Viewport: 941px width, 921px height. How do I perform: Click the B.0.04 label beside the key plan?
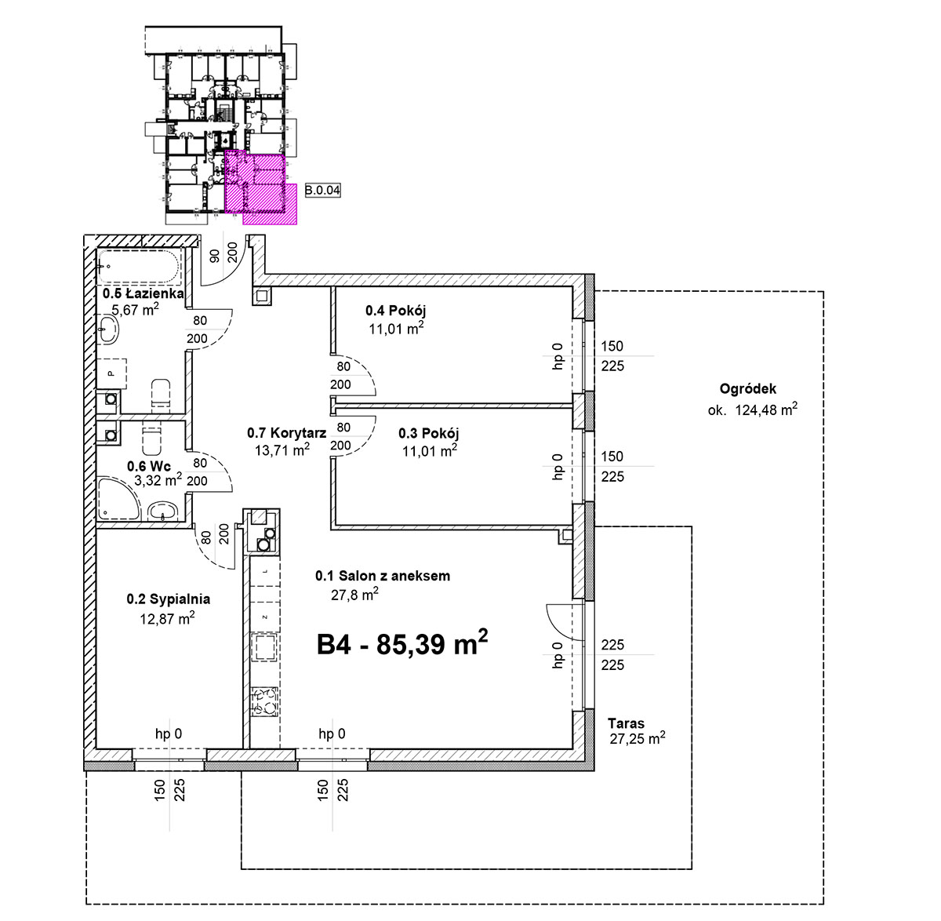click(x=322, y=190)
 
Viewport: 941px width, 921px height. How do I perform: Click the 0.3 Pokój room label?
click(x=428, y=433)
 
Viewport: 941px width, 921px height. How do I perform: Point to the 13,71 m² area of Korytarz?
click(x=282, y=450)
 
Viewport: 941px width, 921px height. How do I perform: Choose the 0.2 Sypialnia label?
click(x=169, y=599)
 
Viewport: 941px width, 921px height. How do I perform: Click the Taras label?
click(x=626, y=724)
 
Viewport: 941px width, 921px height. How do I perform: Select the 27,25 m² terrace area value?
click(x=637, y=738)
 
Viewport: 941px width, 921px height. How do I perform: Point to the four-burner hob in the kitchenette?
click(x=264, y=701)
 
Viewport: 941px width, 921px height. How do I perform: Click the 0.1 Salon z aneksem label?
click(x=383, y=577)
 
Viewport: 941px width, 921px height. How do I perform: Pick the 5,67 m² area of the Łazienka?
click(x=135, y=310)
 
